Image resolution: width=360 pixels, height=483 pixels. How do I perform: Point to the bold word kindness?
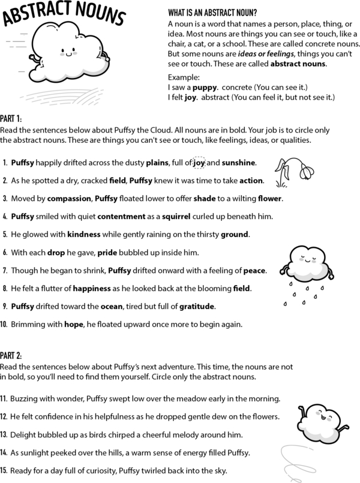click(87, 234)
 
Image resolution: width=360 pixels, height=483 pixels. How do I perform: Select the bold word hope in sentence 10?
click(74, 325)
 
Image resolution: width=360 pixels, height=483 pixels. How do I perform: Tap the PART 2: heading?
click(14, 356)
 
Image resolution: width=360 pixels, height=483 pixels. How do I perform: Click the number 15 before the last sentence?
click(5, 470)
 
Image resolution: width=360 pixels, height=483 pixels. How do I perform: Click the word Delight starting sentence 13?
click(25, 434)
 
